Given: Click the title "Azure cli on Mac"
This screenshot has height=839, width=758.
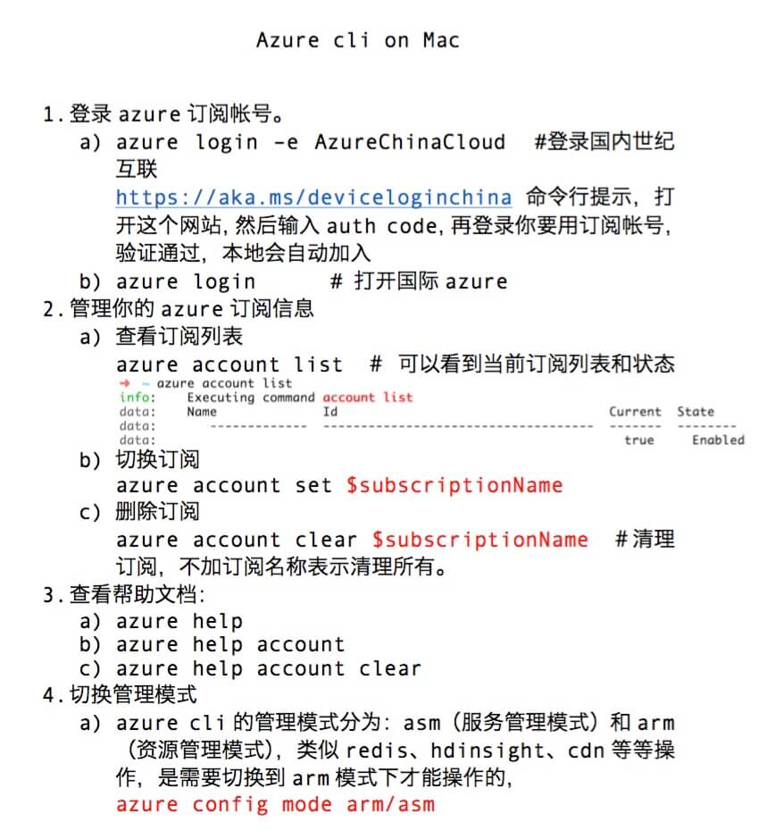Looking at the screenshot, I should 358,40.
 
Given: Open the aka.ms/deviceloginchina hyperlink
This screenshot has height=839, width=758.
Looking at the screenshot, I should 313,197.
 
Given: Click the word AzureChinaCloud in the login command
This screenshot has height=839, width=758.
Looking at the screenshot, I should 410,142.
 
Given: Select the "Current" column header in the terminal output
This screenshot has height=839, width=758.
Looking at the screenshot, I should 635,412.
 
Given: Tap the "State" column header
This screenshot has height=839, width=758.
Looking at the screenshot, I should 696,412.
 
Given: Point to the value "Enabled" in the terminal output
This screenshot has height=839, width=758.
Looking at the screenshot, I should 718,440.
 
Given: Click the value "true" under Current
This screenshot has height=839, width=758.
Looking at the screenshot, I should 639,440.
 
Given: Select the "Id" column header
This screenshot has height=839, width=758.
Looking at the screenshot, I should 330,412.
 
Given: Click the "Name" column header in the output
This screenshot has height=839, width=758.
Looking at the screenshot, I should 202,412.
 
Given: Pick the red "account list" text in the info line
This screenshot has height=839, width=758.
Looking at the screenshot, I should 368,398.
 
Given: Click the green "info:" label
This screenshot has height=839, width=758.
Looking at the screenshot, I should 137,398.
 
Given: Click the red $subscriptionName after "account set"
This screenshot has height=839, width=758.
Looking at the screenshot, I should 454,486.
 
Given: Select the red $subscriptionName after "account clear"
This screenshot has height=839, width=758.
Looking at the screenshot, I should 480,541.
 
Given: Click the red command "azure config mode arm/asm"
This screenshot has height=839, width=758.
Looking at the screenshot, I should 275,803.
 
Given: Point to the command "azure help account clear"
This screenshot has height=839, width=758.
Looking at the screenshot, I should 269,668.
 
